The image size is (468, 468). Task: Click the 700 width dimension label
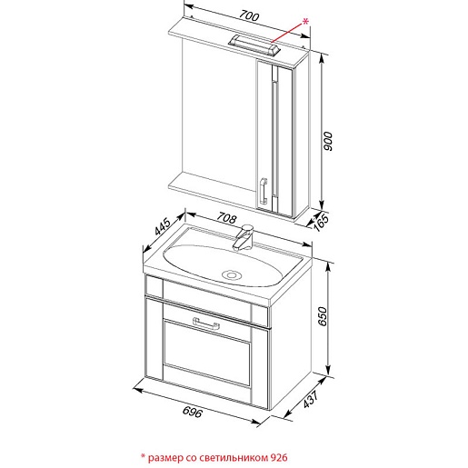(x=249, y=15)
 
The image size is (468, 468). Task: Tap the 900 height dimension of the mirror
(x=327, y=141)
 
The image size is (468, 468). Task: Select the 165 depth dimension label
(x=322, y=223)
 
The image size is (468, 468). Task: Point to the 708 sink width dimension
(x=226, y=218)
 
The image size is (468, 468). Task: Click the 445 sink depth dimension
(x=163, y=226)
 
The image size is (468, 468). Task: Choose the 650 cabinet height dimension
(x=324, y=316)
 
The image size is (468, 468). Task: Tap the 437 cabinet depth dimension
(x=311, y=399)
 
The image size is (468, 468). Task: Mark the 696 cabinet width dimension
(x=192, y=412)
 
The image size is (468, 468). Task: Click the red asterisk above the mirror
(x=305, y=22)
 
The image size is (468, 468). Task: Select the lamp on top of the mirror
(x=254, y=45)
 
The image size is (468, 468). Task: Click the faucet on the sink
(x=244, y=237)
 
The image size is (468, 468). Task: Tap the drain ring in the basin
(x=232, y=275)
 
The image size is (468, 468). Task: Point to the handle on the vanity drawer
(x=206, y=324)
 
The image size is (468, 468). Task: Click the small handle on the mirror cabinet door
(x=264, y=191)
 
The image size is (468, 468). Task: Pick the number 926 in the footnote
(x=278, y=457)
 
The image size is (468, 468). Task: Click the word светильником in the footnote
(x=233, y=457)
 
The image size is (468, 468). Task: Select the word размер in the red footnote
(x=165, y=458)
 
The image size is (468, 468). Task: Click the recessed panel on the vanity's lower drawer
(x=207, y=353)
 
